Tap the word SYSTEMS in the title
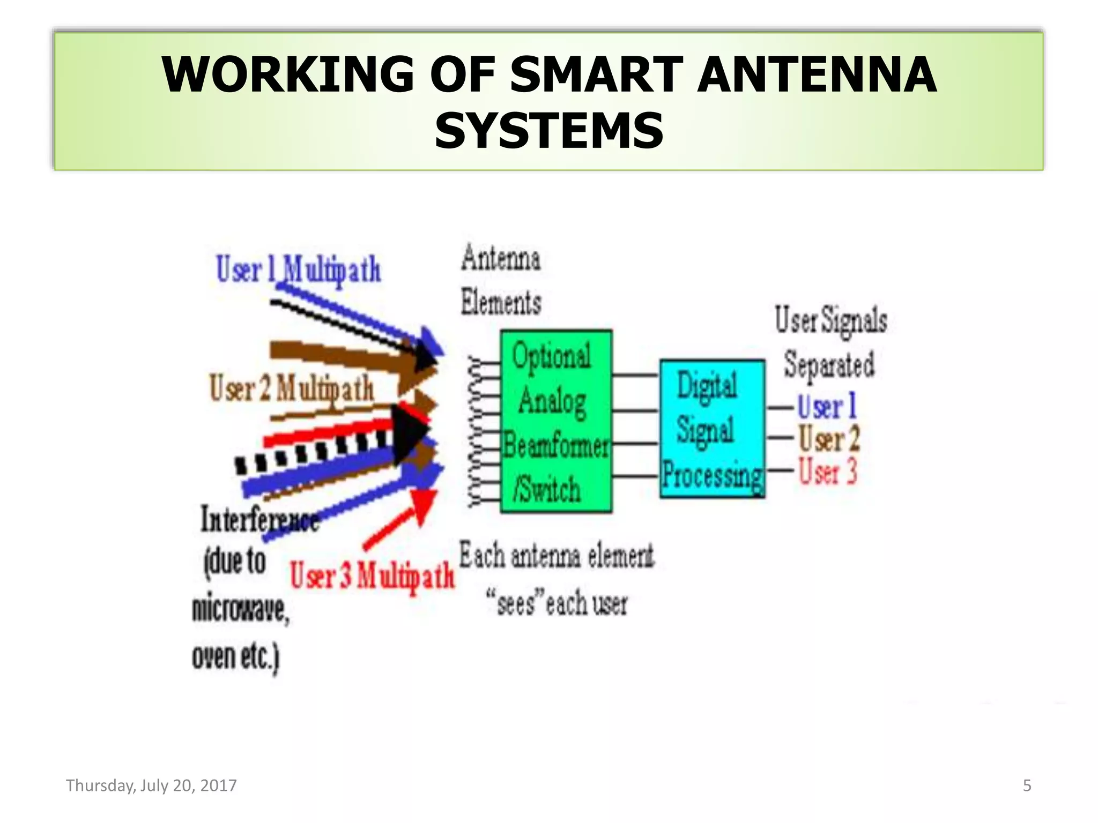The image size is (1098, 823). click(x=549, y=131)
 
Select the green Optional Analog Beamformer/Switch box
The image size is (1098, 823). click(x=556, y=422)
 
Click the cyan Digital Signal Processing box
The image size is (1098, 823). click(x=712, y=429)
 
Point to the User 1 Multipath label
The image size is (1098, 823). click(x=299, y=270)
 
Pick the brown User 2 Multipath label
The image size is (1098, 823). click(x=292, y=388)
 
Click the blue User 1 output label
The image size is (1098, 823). click(x=827, y=406)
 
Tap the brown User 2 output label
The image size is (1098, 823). click(x=829, y=439)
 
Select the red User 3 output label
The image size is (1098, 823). click(x=828, y=472)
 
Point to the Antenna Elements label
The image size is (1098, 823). click(x=501, y=280)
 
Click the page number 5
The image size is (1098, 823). click(x=1027, y=785)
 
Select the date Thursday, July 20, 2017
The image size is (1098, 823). click(x=151, y=785)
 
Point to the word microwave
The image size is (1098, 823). click(x=241, y=610)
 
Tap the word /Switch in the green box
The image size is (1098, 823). click(x=547, y=489)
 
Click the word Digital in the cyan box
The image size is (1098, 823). click(x=707, y=385)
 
